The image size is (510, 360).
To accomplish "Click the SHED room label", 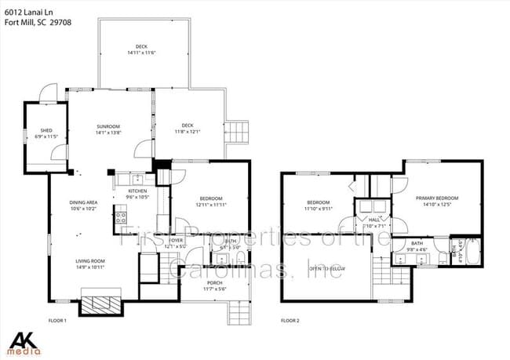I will coord(35,131).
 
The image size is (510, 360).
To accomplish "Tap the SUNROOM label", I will coord(108,126).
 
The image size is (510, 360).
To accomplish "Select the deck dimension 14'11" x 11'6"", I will coord(141,53).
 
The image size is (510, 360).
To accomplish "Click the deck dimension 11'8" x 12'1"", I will coord(188,131).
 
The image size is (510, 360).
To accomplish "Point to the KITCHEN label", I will coord(137,191).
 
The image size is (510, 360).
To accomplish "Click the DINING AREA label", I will coord(82,203).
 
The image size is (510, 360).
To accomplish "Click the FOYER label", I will coord(176,241).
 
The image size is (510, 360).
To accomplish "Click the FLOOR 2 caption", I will coord(291,321).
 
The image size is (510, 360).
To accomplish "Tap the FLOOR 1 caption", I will coord(57,321).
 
